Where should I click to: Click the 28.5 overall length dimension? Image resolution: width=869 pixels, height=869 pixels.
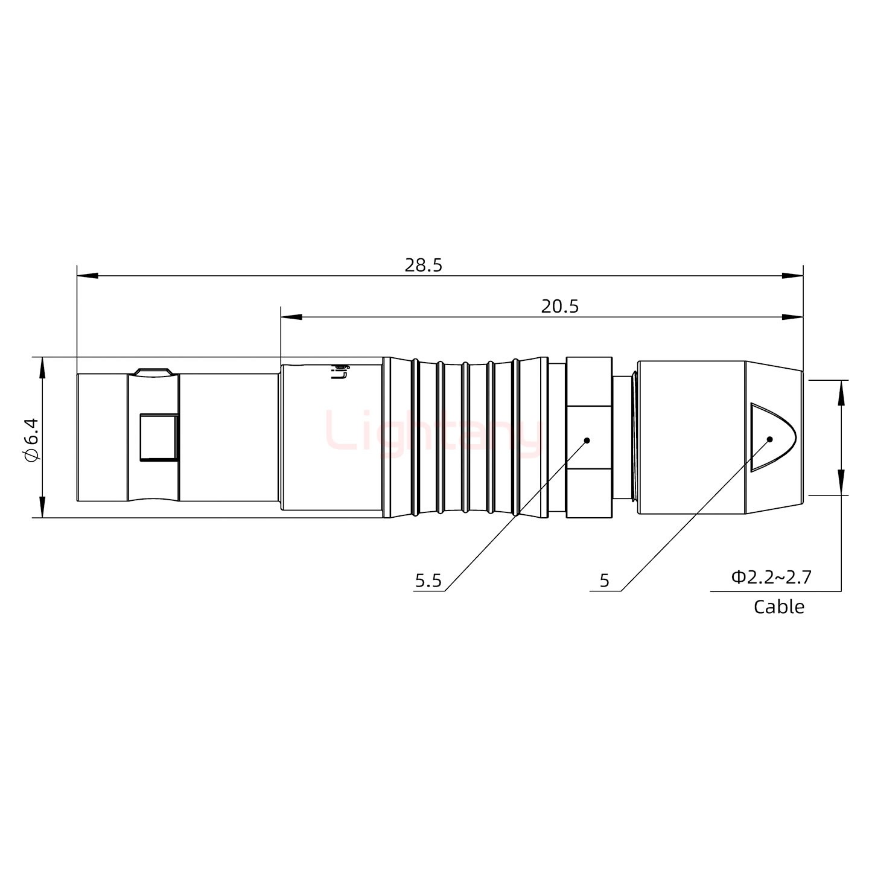point(423,265)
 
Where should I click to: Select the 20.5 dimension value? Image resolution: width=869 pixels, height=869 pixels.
point(559,307)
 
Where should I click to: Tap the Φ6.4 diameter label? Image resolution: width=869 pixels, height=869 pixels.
point(32,439)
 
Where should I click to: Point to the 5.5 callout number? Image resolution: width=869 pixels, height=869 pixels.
point(428,581)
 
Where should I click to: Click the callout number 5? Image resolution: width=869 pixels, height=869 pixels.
point(605,581)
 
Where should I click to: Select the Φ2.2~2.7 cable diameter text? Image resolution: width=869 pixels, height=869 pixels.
point(771,578)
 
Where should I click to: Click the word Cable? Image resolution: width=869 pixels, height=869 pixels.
point(778,606)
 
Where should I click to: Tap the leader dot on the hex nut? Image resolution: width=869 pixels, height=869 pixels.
point(587,441)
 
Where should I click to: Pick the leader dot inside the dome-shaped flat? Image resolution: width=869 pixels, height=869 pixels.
point(769,439)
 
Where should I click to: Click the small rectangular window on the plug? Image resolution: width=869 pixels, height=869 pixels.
point(159,437)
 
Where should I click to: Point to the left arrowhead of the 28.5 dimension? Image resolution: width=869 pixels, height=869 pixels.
point(87,276)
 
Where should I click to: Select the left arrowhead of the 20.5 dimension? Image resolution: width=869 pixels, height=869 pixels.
point(291,317)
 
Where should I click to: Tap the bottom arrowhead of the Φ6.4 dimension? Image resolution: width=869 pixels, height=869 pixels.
point(42,508)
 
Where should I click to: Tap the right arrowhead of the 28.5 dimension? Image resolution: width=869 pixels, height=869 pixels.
point(793,276)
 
